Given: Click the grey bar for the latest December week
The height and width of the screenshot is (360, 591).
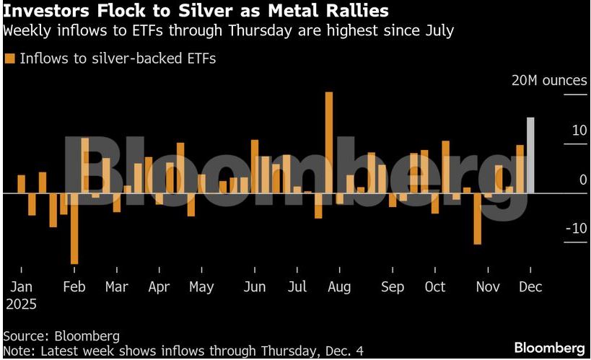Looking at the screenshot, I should [x=530, y=155].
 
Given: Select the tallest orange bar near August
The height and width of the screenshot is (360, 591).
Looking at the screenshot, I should [x=329, y=142].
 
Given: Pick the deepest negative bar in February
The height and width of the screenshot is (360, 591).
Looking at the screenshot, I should [x=74, y=228].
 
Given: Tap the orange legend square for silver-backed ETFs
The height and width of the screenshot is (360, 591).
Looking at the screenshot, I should [x=9, y=58].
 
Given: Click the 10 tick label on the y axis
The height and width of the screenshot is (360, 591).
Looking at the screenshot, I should [x=579, y=131].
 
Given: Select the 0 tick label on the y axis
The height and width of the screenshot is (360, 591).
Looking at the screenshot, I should [x=583, y=180].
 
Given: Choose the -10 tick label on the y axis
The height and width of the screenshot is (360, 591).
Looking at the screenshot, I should [x=576, y=228].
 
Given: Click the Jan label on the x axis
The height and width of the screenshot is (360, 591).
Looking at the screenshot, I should [x=21, y=287].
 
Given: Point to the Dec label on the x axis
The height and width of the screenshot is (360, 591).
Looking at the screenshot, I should [x=530, y=287].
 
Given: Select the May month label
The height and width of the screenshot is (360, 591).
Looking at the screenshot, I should [x=201, y=287].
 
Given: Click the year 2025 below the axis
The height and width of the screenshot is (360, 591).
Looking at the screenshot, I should [x=21, y=304].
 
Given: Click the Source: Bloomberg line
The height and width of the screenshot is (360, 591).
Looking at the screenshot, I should [x=61, y=336].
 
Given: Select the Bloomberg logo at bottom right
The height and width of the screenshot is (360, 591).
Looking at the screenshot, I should [x=549, y=348].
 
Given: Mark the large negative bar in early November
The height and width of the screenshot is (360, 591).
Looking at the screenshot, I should [x=477, y=219].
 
